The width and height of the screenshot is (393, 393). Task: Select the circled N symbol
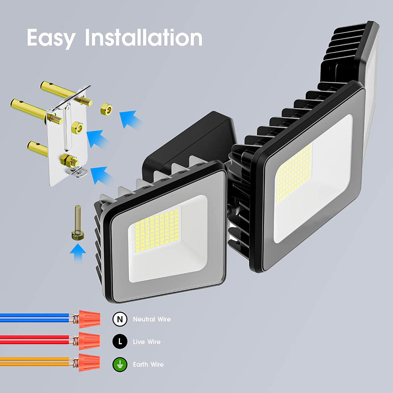(x=120, y=320)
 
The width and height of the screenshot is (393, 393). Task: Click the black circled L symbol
(x=120, y=342)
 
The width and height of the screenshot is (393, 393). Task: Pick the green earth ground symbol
(x=120, y=364)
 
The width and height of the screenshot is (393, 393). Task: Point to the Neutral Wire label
(x=152, y=320)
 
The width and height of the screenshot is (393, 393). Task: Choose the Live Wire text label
(x=147, y=342)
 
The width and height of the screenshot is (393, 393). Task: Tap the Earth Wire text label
(x=148, y=364)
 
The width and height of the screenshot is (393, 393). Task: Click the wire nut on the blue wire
(x=88, y=319)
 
